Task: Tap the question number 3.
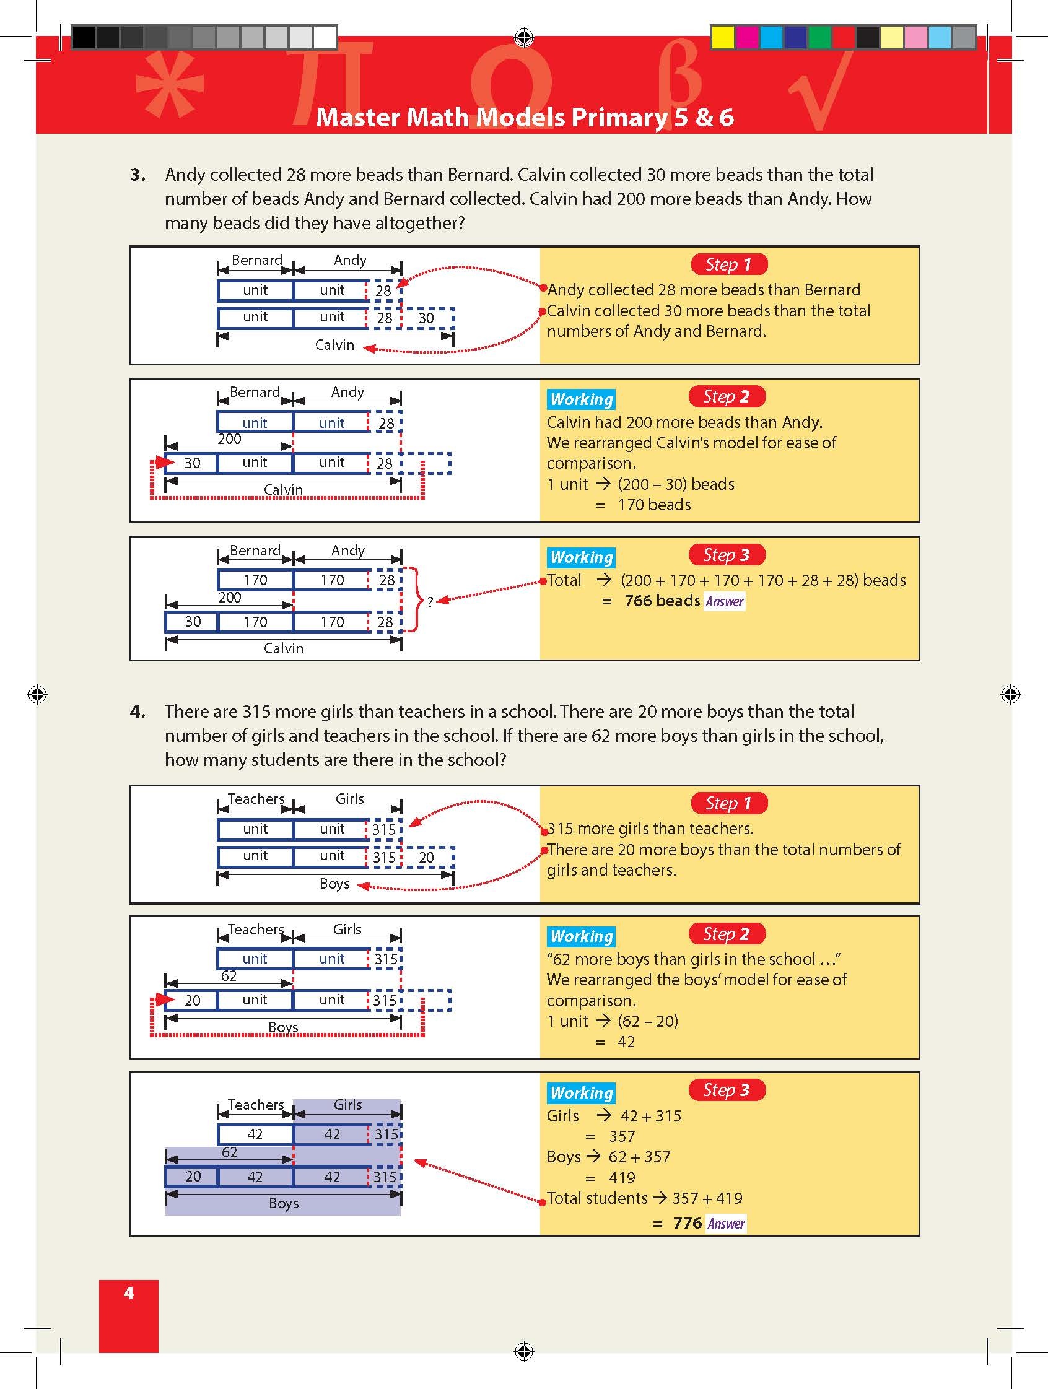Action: click(x=138, y=175)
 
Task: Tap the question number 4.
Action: click(x=138, y=712)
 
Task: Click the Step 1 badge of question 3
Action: click(x=728, y=264)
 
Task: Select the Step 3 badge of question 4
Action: click(x=727, y=1089)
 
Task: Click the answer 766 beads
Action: click(x=662, y=601)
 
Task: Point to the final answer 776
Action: click(x=687, y=1222)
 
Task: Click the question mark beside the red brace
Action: click(x=430, y=602)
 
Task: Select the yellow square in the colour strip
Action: click(x=723, y=38)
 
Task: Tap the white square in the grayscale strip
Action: click(x=325, y=38)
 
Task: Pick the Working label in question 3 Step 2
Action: click(x=582, y=399)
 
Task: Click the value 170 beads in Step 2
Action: click(x=654, y=505)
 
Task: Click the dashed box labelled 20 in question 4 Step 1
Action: click(x=426, y=857)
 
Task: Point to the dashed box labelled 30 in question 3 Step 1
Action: click(x=426, y=318)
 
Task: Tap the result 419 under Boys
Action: click(x=622, y=1177)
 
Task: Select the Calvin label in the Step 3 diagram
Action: click(x=283, y=648)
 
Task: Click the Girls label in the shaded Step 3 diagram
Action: click(x=347, y=1105)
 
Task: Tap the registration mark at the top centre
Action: click(x=523, y=37)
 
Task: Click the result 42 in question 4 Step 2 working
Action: click(x=626, y=1042)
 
